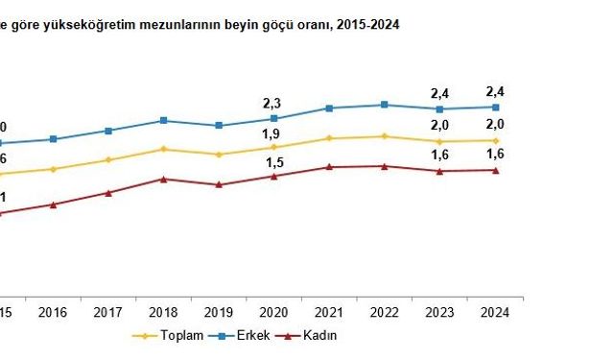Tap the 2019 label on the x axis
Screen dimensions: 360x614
(219, 312)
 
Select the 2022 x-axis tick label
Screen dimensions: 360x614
(385, 312)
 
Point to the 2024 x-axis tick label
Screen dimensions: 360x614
(495, 312)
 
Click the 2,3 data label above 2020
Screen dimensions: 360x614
(274, 102)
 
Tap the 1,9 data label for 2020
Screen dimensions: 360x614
(274, 133)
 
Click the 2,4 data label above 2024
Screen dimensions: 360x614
(495, 92)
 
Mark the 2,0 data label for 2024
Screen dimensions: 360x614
(495, 124)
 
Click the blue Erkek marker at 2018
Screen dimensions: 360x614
(164, 120)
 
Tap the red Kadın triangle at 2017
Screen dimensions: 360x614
(108, 193)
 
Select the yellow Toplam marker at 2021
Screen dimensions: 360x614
(329, 138)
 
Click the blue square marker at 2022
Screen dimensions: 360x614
(385, 105)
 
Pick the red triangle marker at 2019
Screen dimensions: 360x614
(219, 184)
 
